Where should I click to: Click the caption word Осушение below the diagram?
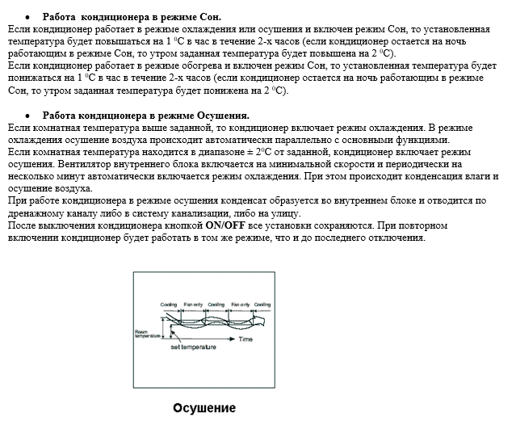click(x=204, y=407)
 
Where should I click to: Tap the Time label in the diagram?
click(x=246, y=339)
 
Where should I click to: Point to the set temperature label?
click(x=193, y=348)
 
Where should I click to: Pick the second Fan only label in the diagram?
click(x=240, y=305)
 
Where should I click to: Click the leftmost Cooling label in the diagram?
click(x=169, y=305)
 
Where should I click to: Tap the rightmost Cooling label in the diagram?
click(x=262, y=305)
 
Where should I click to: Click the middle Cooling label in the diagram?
click(x=216, y=305)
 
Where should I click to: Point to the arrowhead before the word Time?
click(x=235, y=339)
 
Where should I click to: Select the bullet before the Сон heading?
click(x=27, y=16)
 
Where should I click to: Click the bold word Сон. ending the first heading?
click(x=209, y=16)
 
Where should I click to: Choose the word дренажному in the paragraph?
click(x=34, y=213)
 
